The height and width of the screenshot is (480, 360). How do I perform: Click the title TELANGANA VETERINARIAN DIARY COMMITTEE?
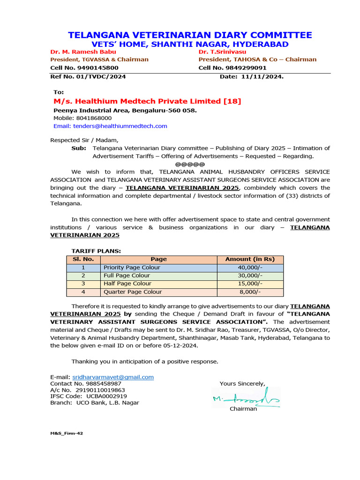pos(190,35)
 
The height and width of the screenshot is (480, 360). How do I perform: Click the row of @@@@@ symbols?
pos(190,164)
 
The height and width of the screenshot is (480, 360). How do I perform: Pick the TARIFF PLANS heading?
pos(96,251)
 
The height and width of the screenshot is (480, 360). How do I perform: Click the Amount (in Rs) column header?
pos(250,259)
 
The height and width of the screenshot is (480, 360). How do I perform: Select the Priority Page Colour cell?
pos(132,268)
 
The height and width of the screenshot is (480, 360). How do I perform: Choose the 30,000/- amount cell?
pos(250,276)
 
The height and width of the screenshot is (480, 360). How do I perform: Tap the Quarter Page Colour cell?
pos(133,292)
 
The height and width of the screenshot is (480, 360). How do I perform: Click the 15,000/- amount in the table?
pos(250,284)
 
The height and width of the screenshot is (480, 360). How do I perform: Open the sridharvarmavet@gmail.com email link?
pos(112,377)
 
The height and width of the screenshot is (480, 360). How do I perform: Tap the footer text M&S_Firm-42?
pos(67,434)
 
